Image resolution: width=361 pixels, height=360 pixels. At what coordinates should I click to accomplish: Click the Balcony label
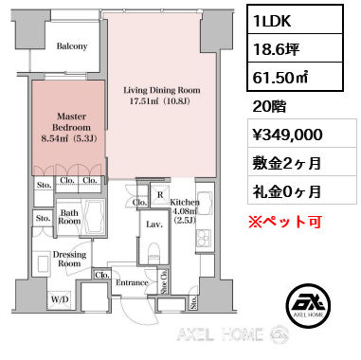72,46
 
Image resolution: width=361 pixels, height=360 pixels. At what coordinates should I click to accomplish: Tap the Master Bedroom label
71,122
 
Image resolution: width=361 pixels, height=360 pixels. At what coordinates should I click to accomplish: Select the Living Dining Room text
162,90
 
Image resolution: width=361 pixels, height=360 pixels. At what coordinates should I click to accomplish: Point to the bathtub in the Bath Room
95,217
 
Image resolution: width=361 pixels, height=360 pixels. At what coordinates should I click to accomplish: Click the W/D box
60,299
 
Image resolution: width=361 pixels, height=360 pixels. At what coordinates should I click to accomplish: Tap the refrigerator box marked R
160,195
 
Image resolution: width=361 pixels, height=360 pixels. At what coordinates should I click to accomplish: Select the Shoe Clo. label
164,282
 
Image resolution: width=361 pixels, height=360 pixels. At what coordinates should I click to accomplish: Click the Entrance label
132,282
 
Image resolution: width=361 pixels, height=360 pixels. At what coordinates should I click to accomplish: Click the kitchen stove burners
204,238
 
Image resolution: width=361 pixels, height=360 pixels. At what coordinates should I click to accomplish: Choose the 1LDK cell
295,19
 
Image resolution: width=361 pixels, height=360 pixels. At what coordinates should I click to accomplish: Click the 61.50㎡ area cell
295,77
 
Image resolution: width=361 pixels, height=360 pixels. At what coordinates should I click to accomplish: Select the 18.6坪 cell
295,48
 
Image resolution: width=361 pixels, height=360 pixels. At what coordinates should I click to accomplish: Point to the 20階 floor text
269,106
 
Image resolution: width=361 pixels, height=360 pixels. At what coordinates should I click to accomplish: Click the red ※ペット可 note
285,222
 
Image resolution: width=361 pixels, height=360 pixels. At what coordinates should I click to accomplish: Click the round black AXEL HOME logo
308,304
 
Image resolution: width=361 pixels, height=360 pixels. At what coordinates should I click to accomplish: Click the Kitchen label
185,203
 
